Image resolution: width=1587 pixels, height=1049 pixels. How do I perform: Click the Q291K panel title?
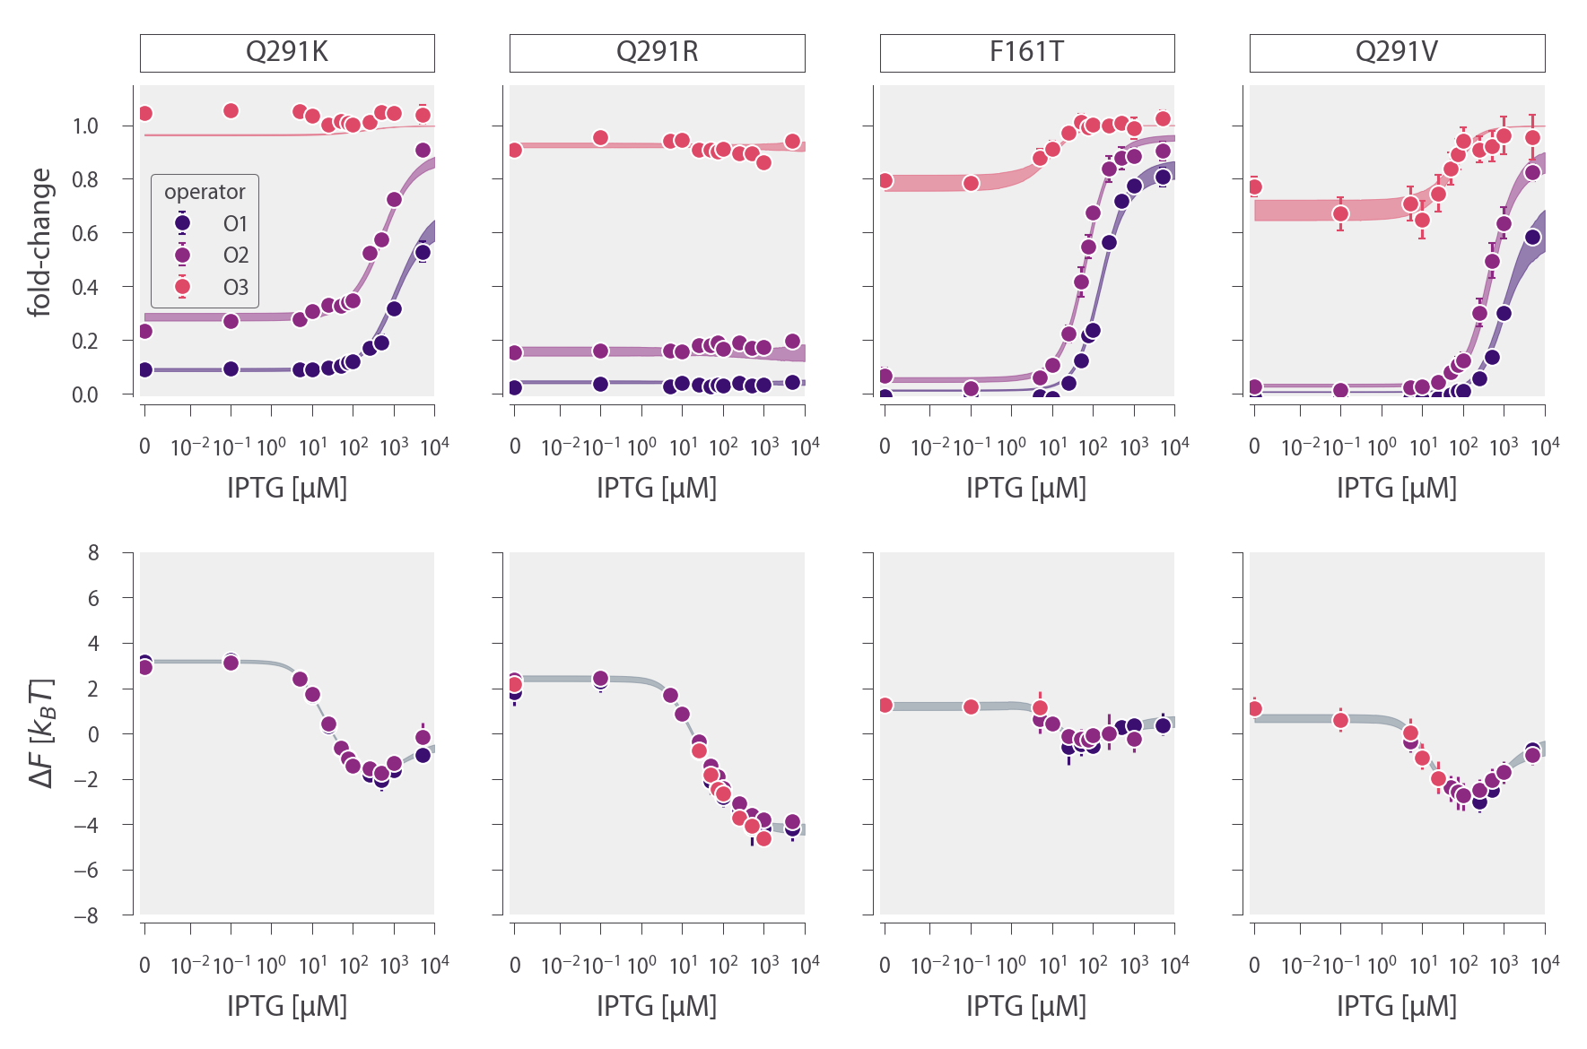287,52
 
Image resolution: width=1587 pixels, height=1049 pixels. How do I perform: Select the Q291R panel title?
657,52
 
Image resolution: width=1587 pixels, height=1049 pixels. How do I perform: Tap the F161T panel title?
1026,52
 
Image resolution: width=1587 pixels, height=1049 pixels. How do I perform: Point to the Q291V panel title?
1397,52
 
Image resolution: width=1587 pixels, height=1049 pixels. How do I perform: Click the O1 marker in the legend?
182,223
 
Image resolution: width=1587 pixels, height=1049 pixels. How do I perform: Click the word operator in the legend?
205,192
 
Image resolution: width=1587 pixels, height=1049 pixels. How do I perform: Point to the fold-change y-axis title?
39,242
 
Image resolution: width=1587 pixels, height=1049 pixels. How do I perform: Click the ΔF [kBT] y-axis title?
41,733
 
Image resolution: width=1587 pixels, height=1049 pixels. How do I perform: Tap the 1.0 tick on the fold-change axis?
85,126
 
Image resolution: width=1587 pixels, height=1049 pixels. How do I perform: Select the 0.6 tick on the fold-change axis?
85,234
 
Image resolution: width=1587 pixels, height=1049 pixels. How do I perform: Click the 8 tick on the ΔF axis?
93,552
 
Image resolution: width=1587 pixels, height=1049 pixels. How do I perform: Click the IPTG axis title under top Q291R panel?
657,488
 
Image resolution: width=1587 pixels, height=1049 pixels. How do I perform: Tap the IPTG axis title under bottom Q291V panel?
1397,1006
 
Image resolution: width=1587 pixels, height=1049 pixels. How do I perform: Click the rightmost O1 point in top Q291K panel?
423,252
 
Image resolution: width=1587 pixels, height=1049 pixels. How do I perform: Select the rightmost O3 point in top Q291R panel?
792,142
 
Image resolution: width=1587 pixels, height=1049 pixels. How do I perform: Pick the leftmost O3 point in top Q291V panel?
1254,187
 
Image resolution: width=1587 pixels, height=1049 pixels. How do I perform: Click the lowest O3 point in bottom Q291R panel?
763,838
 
